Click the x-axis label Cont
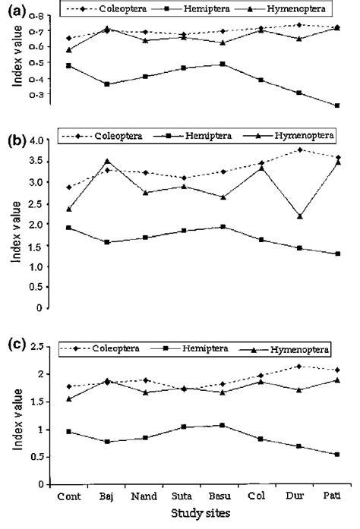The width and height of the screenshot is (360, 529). [x=68, y=497]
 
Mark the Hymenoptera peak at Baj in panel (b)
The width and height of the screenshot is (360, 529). [x=107, y=161]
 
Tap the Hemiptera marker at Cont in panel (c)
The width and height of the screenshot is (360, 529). [x=69, y=431]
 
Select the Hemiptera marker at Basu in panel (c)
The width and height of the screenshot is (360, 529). [x=223, y=425]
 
